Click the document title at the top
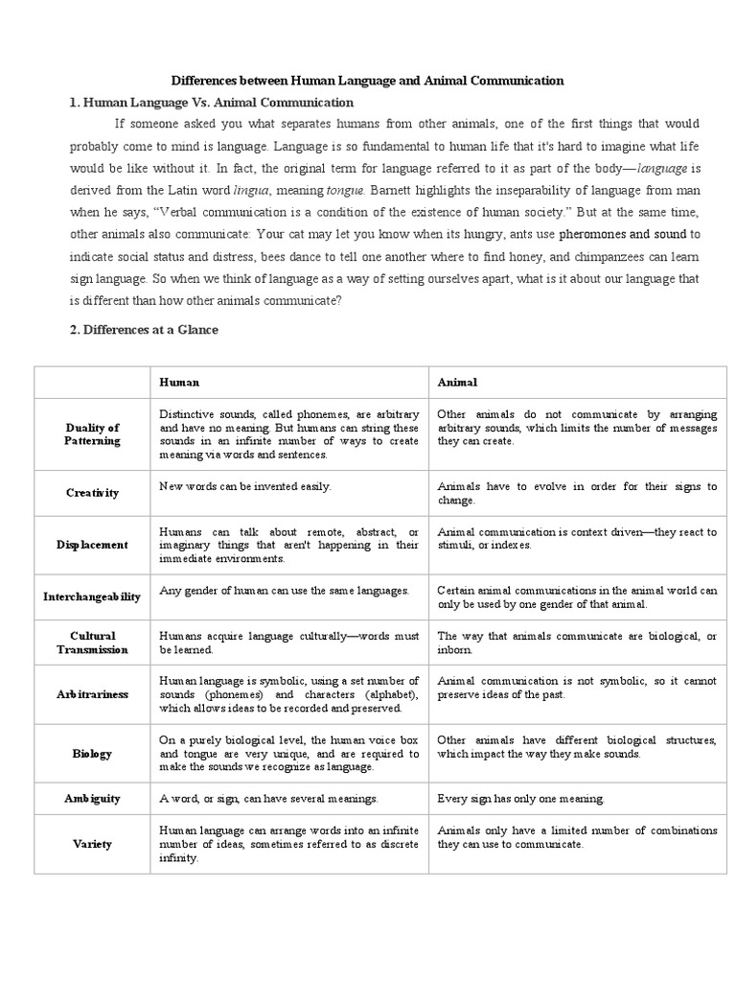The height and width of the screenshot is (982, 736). pos(367,82)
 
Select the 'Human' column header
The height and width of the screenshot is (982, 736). pos(179,382)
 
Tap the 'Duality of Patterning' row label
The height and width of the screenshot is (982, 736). pos(93,434)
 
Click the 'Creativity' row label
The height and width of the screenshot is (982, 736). pos(93,493)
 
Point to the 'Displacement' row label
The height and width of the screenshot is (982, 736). pos(93,545)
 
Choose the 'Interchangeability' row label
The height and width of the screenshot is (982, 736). pos(93,596)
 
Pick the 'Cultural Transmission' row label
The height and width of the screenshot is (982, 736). pos(93,643)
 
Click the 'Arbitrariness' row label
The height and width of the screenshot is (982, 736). pos(93,694)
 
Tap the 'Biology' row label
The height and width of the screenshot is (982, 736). pos(93,754)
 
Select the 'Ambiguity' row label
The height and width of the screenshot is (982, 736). pos(93,798)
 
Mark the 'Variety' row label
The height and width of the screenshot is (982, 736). pos(93,844)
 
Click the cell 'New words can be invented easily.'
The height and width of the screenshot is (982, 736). pos(245,486)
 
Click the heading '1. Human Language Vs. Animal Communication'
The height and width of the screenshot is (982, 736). pos(212,102)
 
